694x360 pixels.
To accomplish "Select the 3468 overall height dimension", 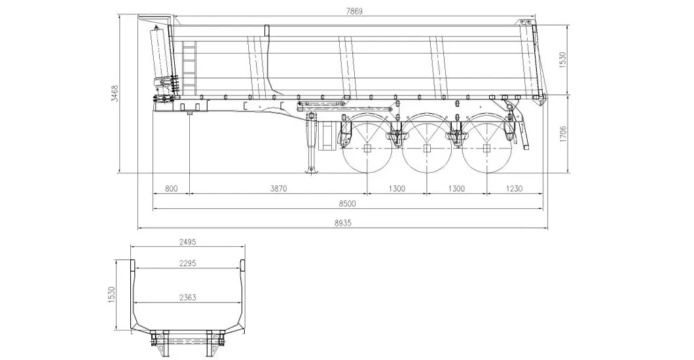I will [115, 94].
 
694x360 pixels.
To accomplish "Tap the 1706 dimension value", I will [564, 134].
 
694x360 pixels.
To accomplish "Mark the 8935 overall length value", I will [343, 223].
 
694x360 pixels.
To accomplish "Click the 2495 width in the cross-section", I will [189, 242].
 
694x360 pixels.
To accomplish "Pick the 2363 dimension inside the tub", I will [189, 298].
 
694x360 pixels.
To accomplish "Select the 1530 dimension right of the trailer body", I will [564, 60].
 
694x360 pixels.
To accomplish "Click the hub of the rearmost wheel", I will [486, 149].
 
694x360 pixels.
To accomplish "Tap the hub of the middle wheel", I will [427, 149].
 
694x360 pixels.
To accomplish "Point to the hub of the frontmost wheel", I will [367, 149].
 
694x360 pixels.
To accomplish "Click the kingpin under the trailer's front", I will [189, 116].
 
